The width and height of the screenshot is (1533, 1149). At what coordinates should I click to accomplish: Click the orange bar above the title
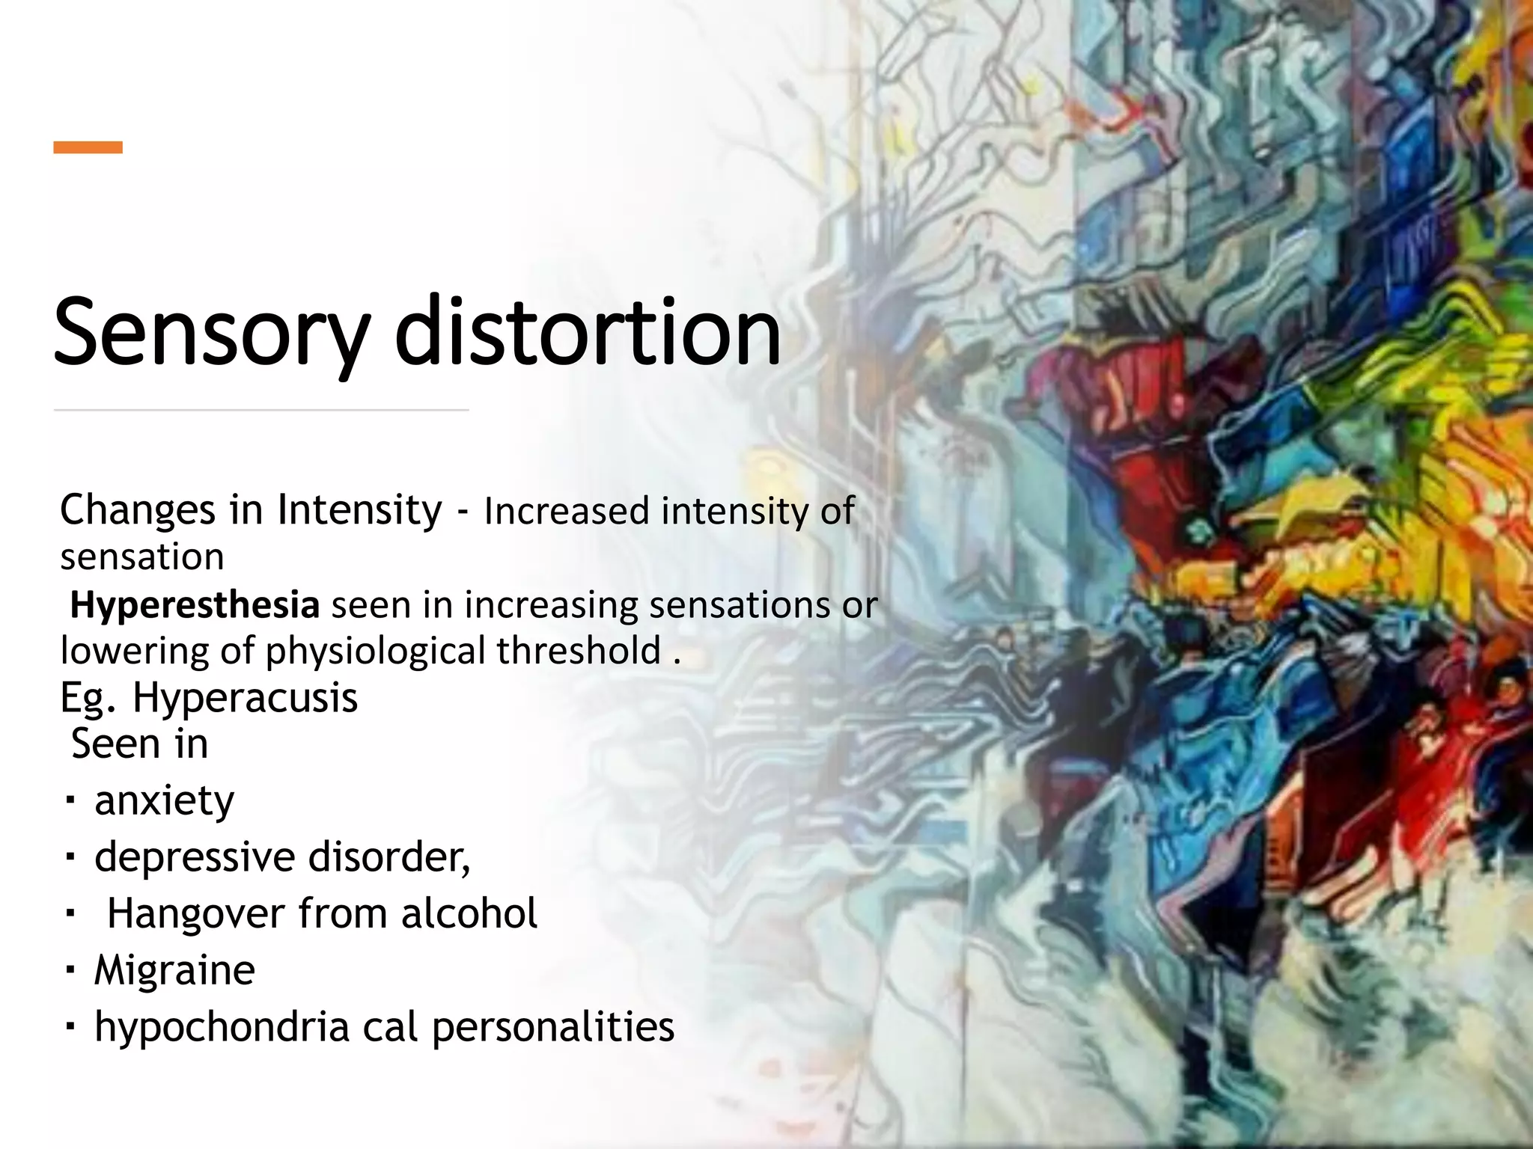point(88,147)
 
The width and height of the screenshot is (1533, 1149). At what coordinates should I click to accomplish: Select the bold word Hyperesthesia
point(195,604)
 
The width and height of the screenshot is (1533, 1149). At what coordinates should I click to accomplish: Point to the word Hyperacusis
point(245,698)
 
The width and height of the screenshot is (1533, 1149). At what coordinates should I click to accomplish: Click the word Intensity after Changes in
point(359,510)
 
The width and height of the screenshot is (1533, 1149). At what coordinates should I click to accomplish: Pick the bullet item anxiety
point(164,800)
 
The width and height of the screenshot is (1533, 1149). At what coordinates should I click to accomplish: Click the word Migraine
point(174,970)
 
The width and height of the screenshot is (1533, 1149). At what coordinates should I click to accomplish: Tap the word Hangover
point(196,913)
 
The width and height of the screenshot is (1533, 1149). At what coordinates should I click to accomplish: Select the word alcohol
point(469,913)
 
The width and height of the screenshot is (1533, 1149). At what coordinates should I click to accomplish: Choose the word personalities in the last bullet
point(553,1026)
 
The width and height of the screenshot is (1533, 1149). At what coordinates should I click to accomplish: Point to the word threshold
point(579,651)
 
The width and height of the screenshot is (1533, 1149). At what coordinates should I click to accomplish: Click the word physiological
point(377,651)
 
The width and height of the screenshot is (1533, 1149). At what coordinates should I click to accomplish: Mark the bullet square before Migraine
point(70,970)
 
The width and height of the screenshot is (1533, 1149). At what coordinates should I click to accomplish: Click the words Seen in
point(139,744)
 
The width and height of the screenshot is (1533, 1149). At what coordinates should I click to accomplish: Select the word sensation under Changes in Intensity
point(142,557)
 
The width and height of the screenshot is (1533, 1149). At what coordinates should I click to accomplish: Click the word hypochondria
point(222,1026)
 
